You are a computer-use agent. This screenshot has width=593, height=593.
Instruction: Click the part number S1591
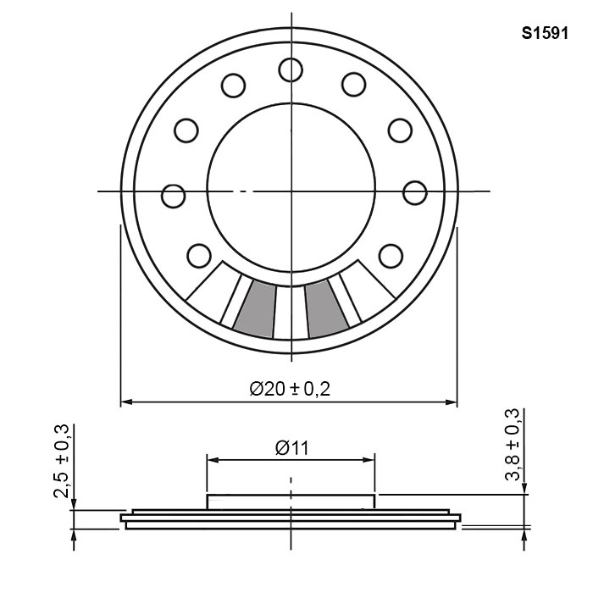pyautogui.click(x=545, y=33)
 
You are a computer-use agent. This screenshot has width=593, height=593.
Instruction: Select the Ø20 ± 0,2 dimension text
pyautogui.click(x=290, y=389)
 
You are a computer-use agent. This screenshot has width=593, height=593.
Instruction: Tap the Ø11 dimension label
pyautogui.click(x=292, y=448)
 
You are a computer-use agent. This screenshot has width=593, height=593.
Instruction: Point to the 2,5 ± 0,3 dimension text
pyautogui.click(x=62, y=461)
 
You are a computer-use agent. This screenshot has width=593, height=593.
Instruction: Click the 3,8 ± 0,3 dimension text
pyautogui.click(x=513, y=444)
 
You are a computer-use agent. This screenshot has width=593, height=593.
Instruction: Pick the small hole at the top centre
pyautogui.click(x=291, y=70)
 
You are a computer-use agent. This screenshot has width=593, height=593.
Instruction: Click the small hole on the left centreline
pyautogui.click(x=173, y=196)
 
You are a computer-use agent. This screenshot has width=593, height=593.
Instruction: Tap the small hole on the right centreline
pyautogui.click(x=415, y=193)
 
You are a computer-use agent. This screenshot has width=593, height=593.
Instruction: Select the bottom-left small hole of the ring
pyautogui.click(x=199, y=256)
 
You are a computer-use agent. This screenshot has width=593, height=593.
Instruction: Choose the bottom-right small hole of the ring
pyautogui.click(x=391, y=256)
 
